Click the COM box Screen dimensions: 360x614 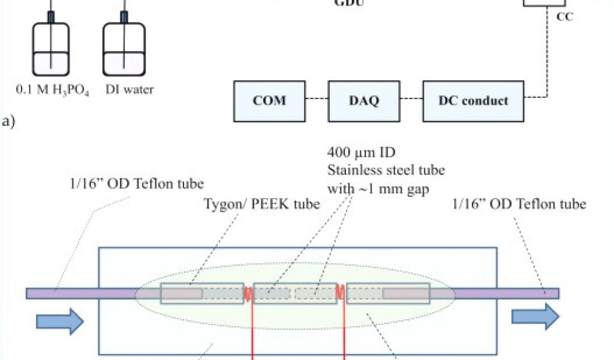(270, 100)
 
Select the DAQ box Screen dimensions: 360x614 (363, 100)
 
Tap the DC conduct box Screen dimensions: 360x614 (473, 100)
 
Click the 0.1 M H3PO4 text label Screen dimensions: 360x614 (53, 91)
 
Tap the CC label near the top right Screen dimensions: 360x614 (564, 17)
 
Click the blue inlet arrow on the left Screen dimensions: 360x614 (60, 322)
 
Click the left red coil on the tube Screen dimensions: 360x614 (248, 293)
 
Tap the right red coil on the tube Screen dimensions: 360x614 (340, 292)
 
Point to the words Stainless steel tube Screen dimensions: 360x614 (386, 170)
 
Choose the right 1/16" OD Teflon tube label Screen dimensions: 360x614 (519, 204)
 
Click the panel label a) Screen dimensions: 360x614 (8, 122)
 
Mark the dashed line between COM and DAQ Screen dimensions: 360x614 (318, 100)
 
